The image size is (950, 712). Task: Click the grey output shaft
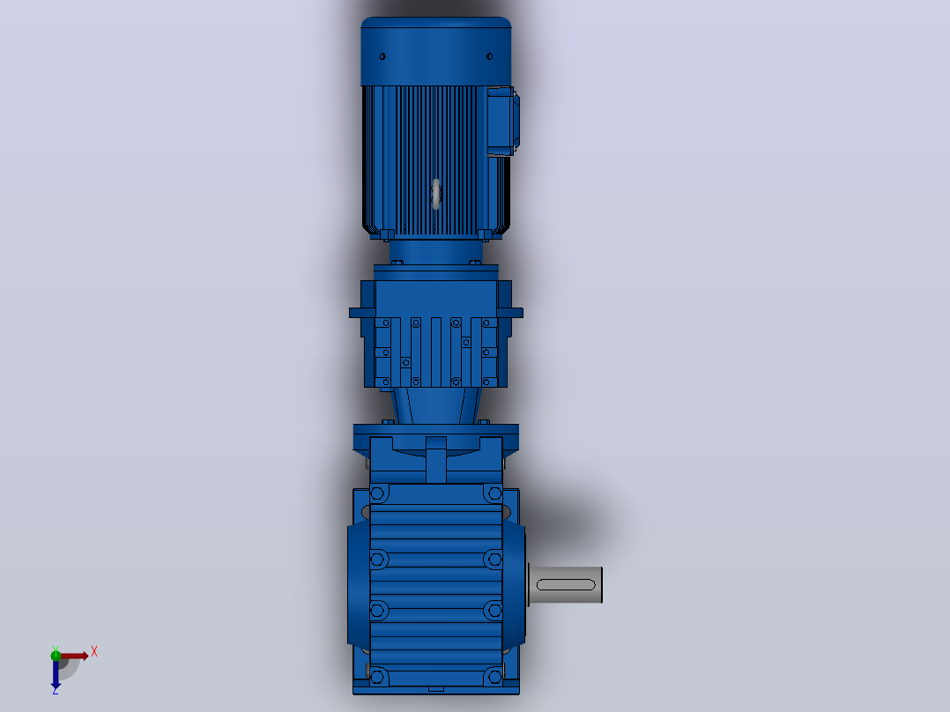565,585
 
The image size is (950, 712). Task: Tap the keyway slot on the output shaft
566,585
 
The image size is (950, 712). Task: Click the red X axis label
94,652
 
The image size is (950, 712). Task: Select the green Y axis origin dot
56,655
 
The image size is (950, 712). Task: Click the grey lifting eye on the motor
435,194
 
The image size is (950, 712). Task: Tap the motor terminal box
502,122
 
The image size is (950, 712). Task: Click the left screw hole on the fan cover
382,56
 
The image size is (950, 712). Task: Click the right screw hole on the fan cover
490,56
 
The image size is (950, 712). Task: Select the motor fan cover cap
435,51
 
